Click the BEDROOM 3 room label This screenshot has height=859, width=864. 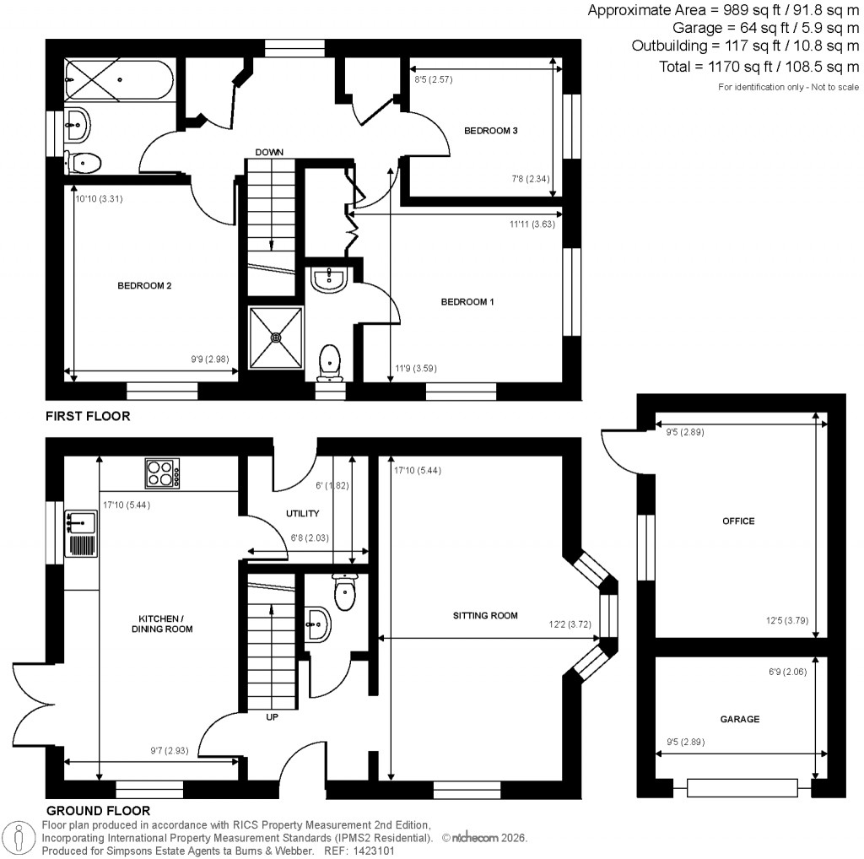click(490, 130)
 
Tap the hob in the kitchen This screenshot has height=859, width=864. click(163, 473)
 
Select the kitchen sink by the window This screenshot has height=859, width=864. click(82, 534)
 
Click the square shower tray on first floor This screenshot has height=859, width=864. click(276, 338)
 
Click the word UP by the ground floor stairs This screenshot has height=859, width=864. click(272, 717)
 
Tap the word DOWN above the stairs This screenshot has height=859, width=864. click(269, 152)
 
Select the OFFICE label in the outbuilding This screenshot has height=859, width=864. click(738, 521)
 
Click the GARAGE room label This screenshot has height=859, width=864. click(739, 719)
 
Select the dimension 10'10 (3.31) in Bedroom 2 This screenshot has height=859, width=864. click(100, 199)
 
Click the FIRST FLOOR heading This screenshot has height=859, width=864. click(88, 416)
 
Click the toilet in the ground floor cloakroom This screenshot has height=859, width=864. click(346, 592)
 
